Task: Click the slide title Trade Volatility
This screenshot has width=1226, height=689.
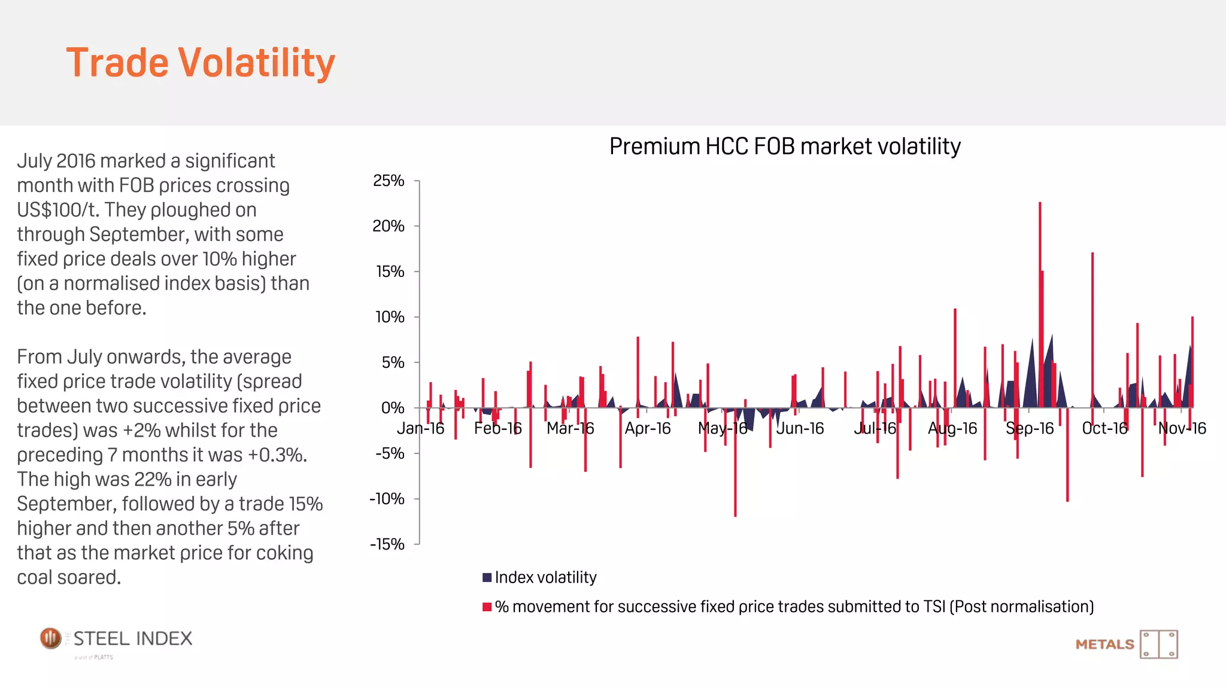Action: click(x=201, y=62)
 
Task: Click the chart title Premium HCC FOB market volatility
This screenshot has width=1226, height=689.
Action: click(x=784, y=147)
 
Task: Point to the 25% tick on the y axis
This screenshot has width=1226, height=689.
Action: click(x=389, y=181)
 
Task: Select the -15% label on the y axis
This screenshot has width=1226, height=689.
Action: click(x=387, y=544)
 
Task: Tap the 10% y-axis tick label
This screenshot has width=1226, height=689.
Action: click(x=390, y=317)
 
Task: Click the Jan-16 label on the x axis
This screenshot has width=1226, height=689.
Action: click(x=420, y=428)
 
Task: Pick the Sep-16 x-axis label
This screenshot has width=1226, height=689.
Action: click(x=1030, y=428)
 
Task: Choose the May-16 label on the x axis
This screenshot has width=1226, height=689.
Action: click(x=723, y=428)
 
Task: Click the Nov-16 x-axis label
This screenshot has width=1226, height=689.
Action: click(x=1182, y=428)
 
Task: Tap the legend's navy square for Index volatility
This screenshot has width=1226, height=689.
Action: click(x=487, y=577)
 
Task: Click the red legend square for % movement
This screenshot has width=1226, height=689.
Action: click(x=487, y=607)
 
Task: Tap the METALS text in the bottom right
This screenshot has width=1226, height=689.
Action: click(x=1104, y=645)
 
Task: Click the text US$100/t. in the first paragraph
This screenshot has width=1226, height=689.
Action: click(x=58, y=210)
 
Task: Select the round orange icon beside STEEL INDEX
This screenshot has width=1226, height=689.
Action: click(x=51, y=638)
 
